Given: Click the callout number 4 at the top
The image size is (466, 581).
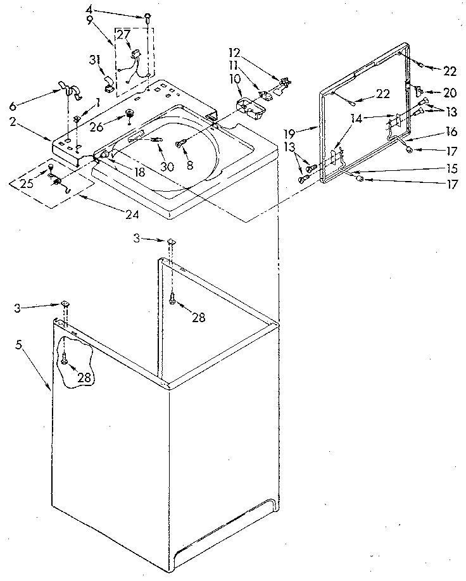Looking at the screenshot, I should [x=89, y=9].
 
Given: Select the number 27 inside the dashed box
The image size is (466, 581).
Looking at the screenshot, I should [x=123, y=36].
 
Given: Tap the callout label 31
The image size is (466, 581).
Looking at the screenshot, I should [x=96, y=61].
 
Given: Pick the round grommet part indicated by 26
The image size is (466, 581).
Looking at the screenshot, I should [x=129, y=115].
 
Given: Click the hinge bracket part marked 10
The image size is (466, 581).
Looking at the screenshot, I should [x=248, y=105].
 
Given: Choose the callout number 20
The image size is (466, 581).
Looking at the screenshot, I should [x=450, y=93].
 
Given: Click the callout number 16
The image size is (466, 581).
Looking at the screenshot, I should [x=450, y=134].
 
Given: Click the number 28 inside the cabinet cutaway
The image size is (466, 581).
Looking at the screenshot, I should [x=84, y=378].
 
